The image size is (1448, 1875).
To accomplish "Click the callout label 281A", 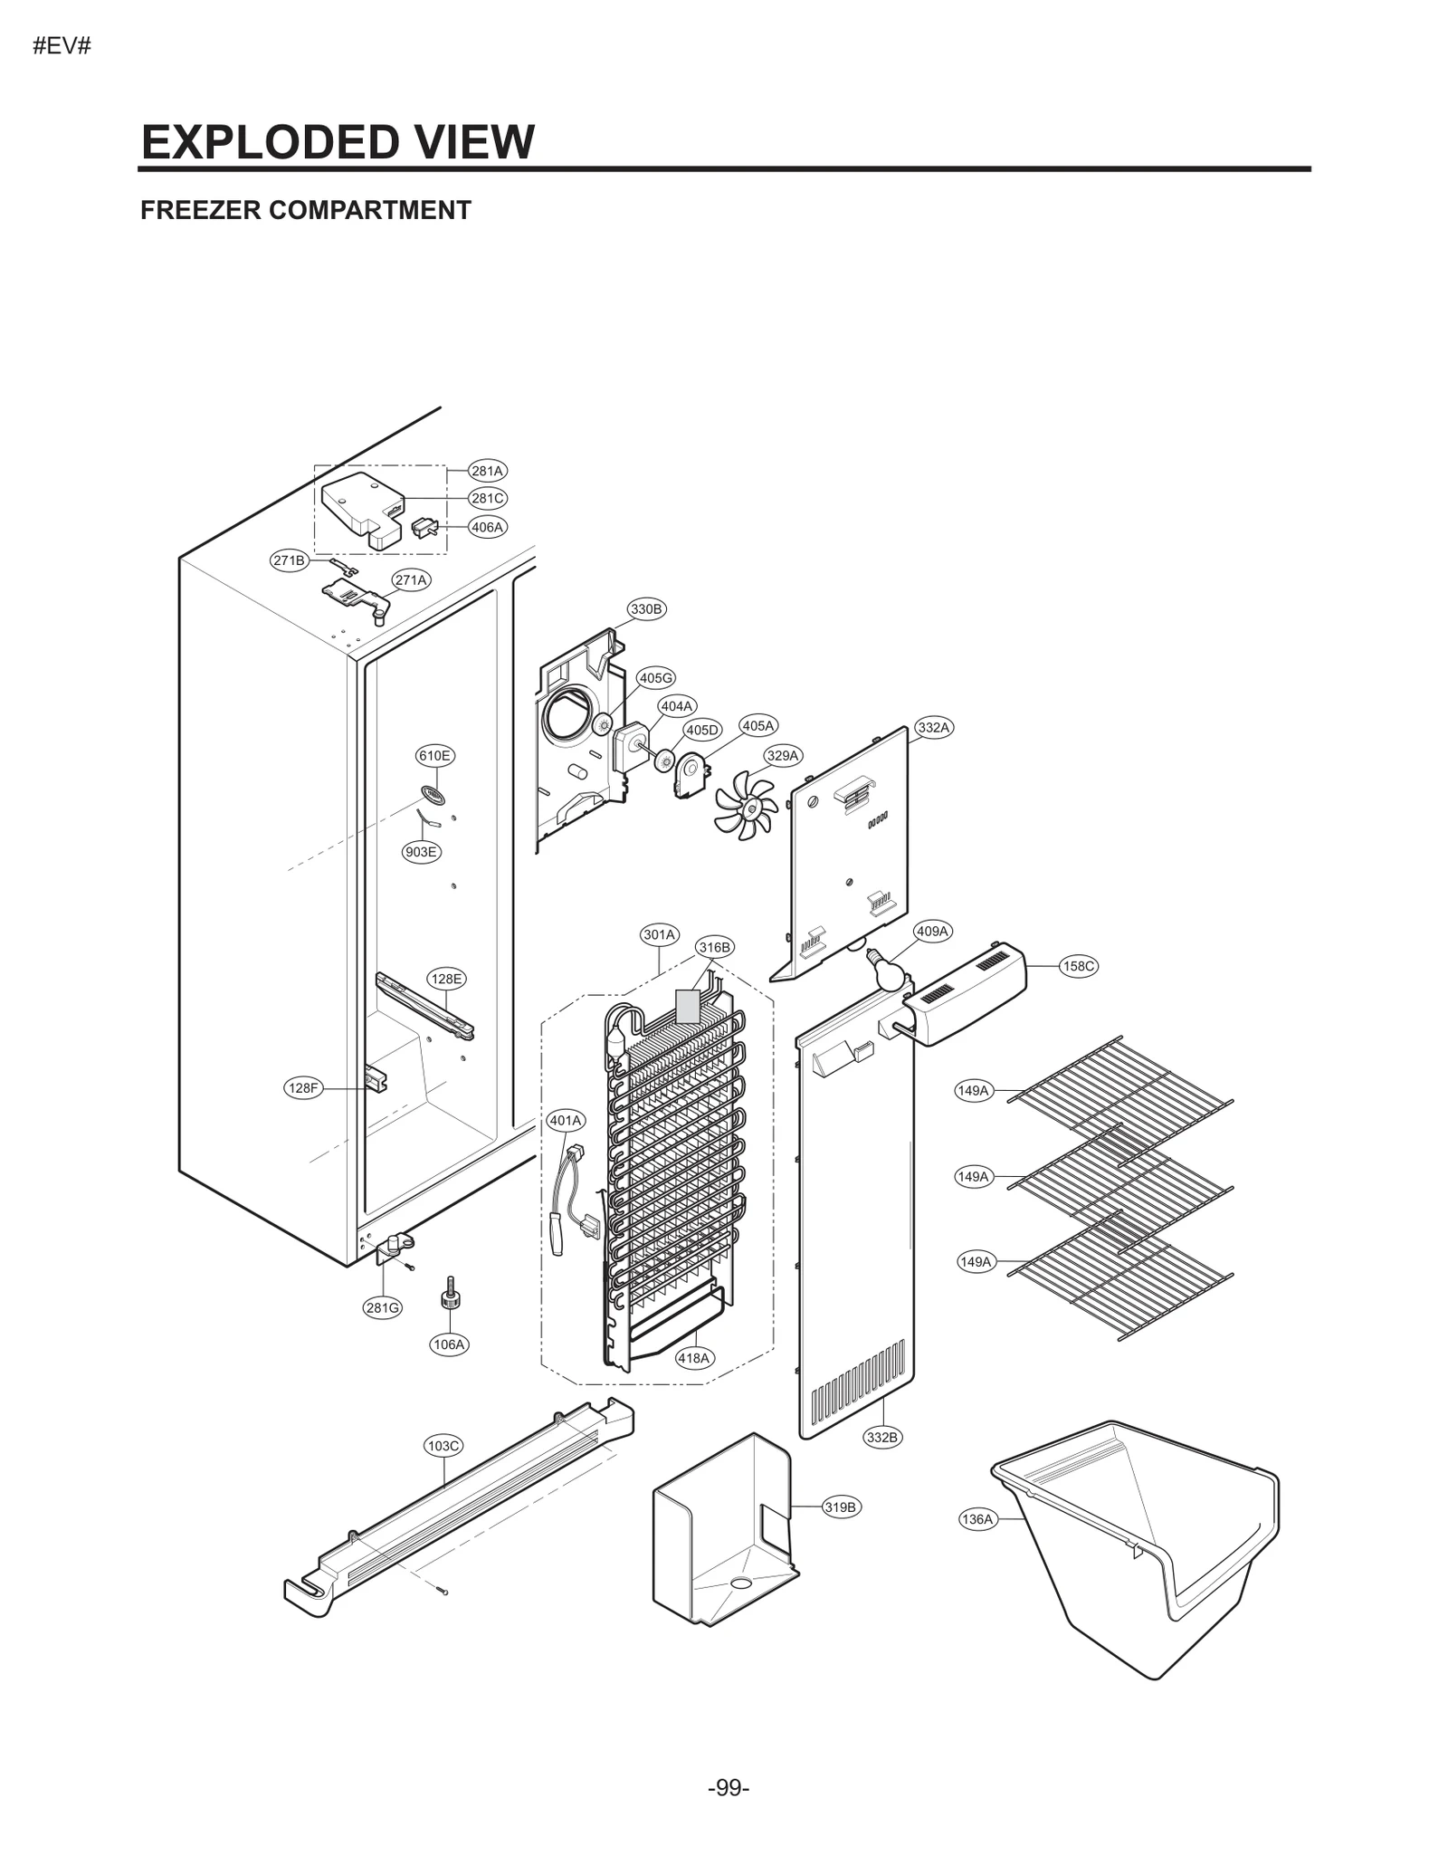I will click(487, 471).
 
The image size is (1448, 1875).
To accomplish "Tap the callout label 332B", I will click(882, 1437).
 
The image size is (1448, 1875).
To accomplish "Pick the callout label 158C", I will click(1078, 966).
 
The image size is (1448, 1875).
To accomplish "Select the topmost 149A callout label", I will click(973, 1090).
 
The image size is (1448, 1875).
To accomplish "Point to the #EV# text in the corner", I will click(62, 46).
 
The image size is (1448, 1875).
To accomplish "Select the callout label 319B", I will click(841, 1507).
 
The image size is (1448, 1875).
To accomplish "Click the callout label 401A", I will click(566, 1120).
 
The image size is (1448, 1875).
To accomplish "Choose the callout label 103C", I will click(443, 1446).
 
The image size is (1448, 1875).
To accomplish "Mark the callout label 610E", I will click(434, 755).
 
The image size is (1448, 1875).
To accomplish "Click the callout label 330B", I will click(646, 609).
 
